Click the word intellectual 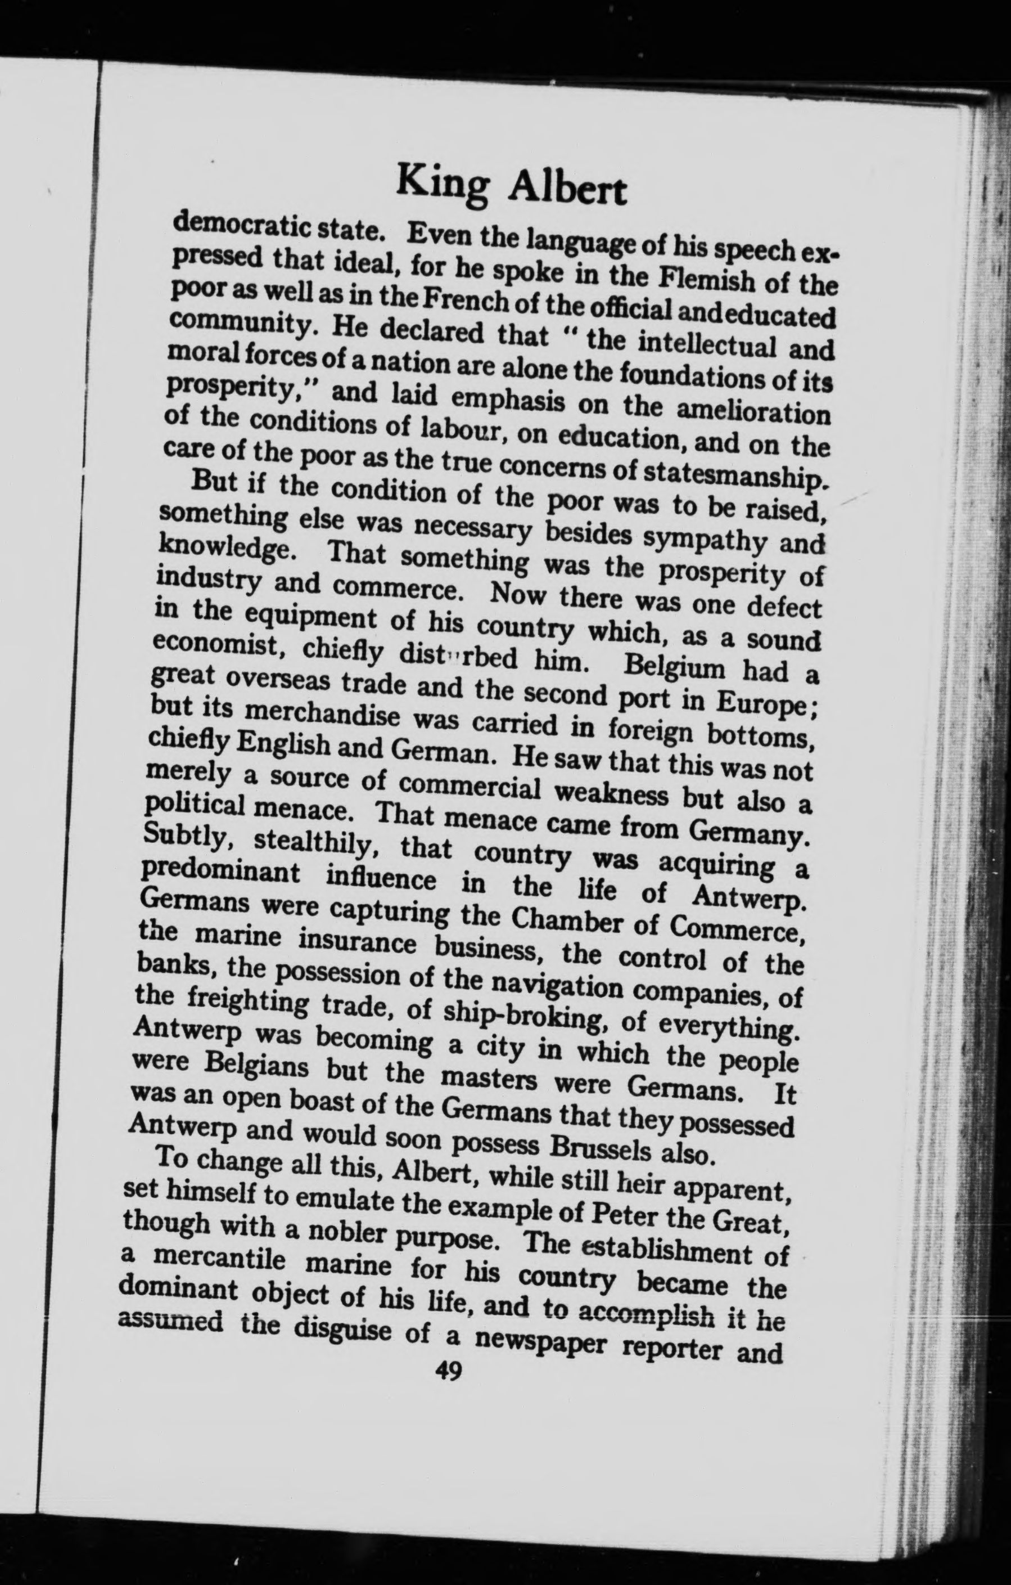coord(708,344)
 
